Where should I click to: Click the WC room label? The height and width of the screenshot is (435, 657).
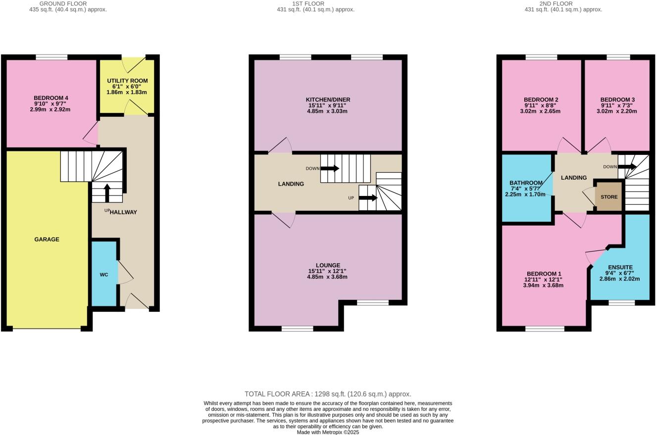(x=104, y=275)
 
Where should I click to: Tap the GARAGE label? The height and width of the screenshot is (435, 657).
(x=47, y=240)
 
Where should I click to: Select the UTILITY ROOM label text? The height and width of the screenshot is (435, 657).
(x=127, y=81)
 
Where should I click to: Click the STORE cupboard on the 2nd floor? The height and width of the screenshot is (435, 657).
(x=609, y=197)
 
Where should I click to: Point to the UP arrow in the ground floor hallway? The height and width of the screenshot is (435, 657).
(x=107, y=193)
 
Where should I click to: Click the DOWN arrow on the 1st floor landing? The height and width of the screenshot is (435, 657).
(x=330, y=168)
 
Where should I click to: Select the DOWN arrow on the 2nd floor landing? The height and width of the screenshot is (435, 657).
(x=627, y=167)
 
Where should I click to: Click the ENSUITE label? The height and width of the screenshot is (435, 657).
(x=620, y=267)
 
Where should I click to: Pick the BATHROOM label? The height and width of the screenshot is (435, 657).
(x=526, y=183)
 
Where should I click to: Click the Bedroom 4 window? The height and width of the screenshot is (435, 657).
(x=51, y=57)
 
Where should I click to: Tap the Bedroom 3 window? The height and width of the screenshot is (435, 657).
(x=618, y=57)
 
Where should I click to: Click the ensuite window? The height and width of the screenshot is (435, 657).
(x=621, y=302)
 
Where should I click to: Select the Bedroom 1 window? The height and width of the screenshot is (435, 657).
(x=545, y=329)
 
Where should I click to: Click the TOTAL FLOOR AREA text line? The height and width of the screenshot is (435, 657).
(x=328, y=394)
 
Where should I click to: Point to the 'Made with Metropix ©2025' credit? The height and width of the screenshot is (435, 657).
(x=328, y=432)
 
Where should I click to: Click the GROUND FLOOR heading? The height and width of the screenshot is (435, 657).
(x=63, y=3)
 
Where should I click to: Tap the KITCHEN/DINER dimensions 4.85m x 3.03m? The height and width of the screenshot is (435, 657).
(x=327, y=111)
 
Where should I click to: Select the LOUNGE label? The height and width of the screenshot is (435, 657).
(x=327, y=265)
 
